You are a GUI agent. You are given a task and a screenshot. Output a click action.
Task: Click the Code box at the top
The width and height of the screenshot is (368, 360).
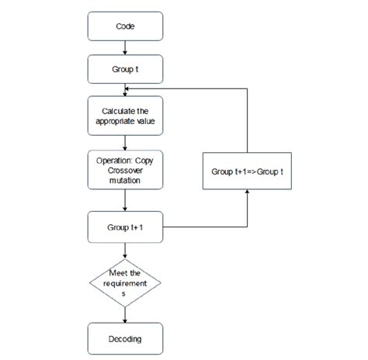pyautogui.click(x=125, y=26)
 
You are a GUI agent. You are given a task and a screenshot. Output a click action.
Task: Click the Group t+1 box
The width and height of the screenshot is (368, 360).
pyautogui.click(x=125, y=227)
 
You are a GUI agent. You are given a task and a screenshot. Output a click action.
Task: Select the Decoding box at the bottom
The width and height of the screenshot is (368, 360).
pyautogui.click(x=125, y=338)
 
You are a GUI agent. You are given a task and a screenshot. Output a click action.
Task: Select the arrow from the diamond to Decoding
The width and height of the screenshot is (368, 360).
pyautogui.click(x=125, y=314)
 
